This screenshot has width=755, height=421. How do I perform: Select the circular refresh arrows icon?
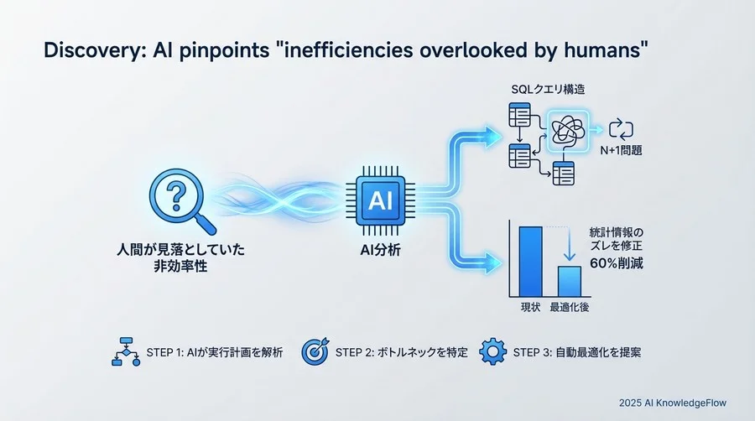(622, 129)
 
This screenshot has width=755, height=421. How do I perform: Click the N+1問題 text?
(622, 154)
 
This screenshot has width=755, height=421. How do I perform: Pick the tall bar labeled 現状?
(530, 261)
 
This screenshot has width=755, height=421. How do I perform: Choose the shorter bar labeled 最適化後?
(570, 279)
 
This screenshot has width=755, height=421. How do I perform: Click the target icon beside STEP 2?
(315, 351)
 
